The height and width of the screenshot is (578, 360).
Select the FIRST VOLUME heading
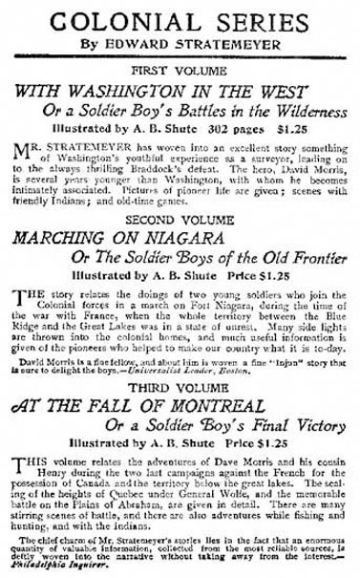[180, 72]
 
